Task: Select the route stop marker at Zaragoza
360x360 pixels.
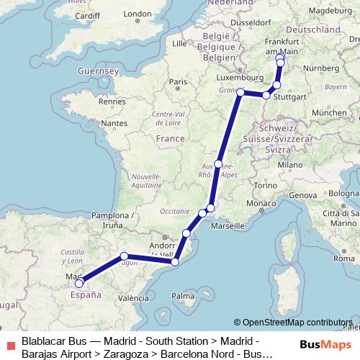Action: (x=125, y=256)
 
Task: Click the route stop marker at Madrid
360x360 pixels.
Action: (x=79, y=282)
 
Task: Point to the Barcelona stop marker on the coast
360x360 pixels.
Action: (x=175, y=262)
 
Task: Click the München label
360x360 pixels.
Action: (x=330, y=113)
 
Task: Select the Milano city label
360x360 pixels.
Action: (x=291, y=165)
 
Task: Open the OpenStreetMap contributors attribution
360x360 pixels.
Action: (x=297, y=323)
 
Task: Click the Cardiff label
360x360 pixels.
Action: (x=86, y=15)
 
